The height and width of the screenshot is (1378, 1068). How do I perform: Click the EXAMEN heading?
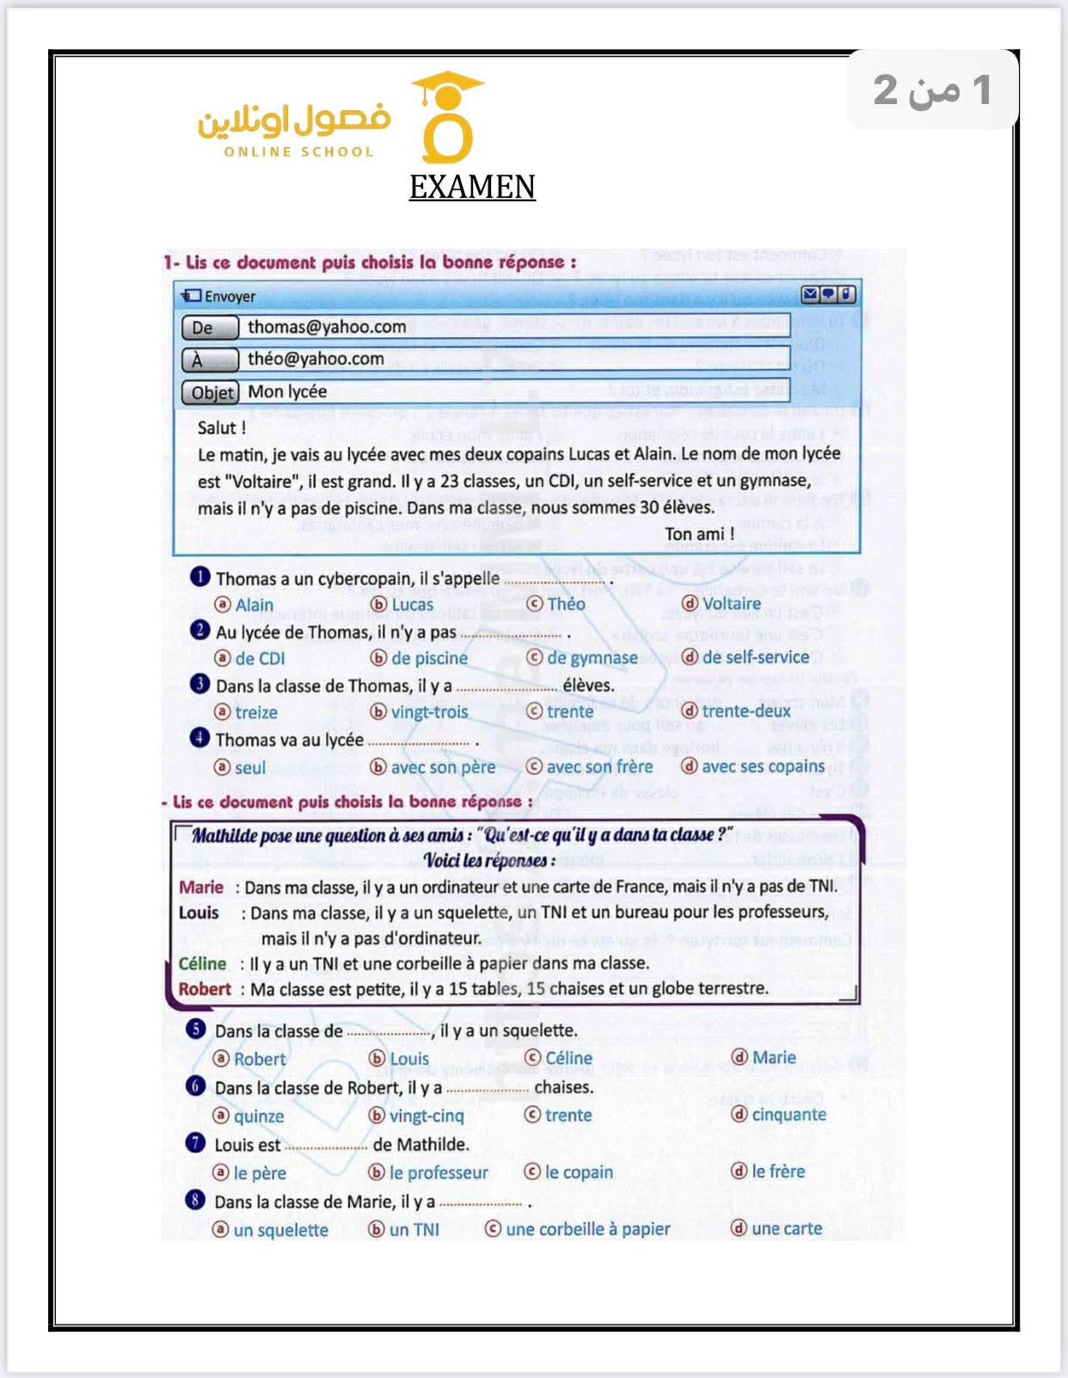(472, 187)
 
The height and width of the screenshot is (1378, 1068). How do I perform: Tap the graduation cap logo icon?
(448, 118)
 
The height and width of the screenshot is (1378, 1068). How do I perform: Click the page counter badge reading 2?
(932, 89)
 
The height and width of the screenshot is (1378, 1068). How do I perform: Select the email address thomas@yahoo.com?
(327, 327)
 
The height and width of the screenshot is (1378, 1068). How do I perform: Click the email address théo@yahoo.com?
(316, 359)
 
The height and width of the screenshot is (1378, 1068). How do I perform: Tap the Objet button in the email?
(211, 392)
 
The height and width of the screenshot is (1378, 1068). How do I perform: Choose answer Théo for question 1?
(565, 604)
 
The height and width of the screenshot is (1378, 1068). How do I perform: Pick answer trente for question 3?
(569, 711)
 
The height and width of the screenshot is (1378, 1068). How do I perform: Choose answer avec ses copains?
(763, 766)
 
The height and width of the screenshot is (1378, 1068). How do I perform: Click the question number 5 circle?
(196, 1029)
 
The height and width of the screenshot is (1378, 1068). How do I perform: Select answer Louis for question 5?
(408, 1058)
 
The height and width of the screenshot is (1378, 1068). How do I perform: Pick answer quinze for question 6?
(258, 1116)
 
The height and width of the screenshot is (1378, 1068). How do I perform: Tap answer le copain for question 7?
(579, 1172)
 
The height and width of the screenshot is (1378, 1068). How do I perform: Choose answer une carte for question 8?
(786, 1228)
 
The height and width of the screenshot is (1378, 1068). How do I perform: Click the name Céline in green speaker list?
(202, 963)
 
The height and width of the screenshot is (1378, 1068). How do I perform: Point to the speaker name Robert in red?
(205, 989)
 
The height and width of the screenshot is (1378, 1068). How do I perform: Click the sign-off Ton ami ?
(699, 534)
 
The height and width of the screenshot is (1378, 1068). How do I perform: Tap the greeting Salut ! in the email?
(222, 428)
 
